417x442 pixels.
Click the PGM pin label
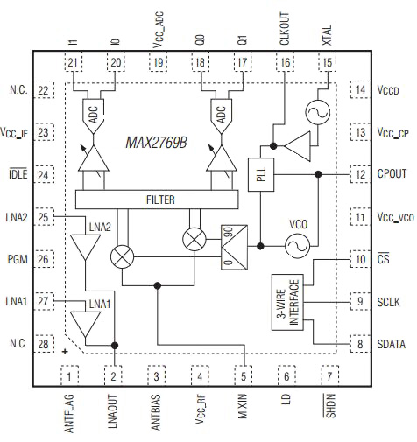pos(18,259)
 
